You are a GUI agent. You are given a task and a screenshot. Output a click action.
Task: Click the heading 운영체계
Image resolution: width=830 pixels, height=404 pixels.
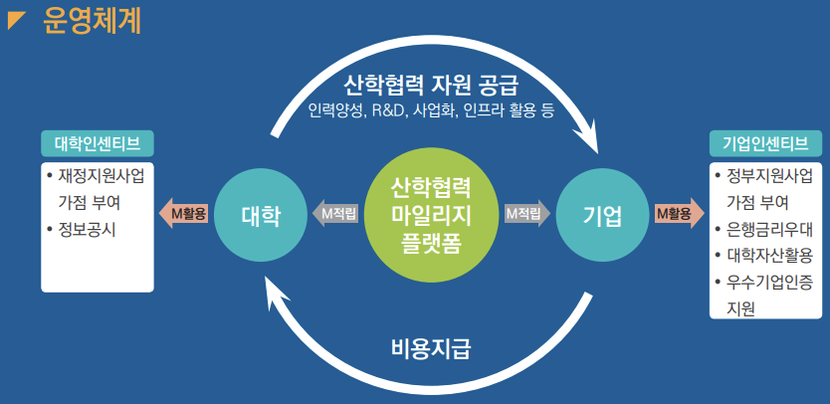point(93,21)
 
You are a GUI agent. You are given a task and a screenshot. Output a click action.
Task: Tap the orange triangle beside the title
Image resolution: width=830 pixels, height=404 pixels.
point(15,19)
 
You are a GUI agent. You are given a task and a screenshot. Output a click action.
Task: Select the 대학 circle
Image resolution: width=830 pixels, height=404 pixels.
point(261,215)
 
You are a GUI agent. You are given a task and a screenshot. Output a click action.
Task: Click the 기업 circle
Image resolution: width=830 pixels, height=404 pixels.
point(602,215)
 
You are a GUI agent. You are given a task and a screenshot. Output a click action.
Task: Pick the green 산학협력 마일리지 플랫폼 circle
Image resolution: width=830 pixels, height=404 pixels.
point(431,215)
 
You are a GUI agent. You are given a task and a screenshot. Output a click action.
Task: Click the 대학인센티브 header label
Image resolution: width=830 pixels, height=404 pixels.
point(98,143)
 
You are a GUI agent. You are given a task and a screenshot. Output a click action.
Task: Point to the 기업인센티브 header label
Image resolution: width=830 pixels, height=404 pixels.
point(765,143)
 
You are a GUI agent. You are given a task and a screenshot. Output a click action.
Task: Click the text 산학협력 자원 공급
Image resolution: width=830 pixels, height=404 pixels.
point(431,84)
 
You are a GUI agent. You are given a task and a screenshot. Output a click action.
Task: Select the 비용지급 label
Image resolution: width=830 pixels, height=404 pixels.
point(431,349)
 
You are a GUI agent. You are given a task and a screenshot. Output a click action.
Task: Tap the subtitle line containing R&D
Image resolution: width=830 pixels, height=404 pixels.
point(431,111)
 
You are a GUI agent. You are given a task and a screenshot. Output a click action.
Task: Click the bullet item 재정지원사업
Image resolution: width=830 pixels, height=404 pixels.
point(96,176)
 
